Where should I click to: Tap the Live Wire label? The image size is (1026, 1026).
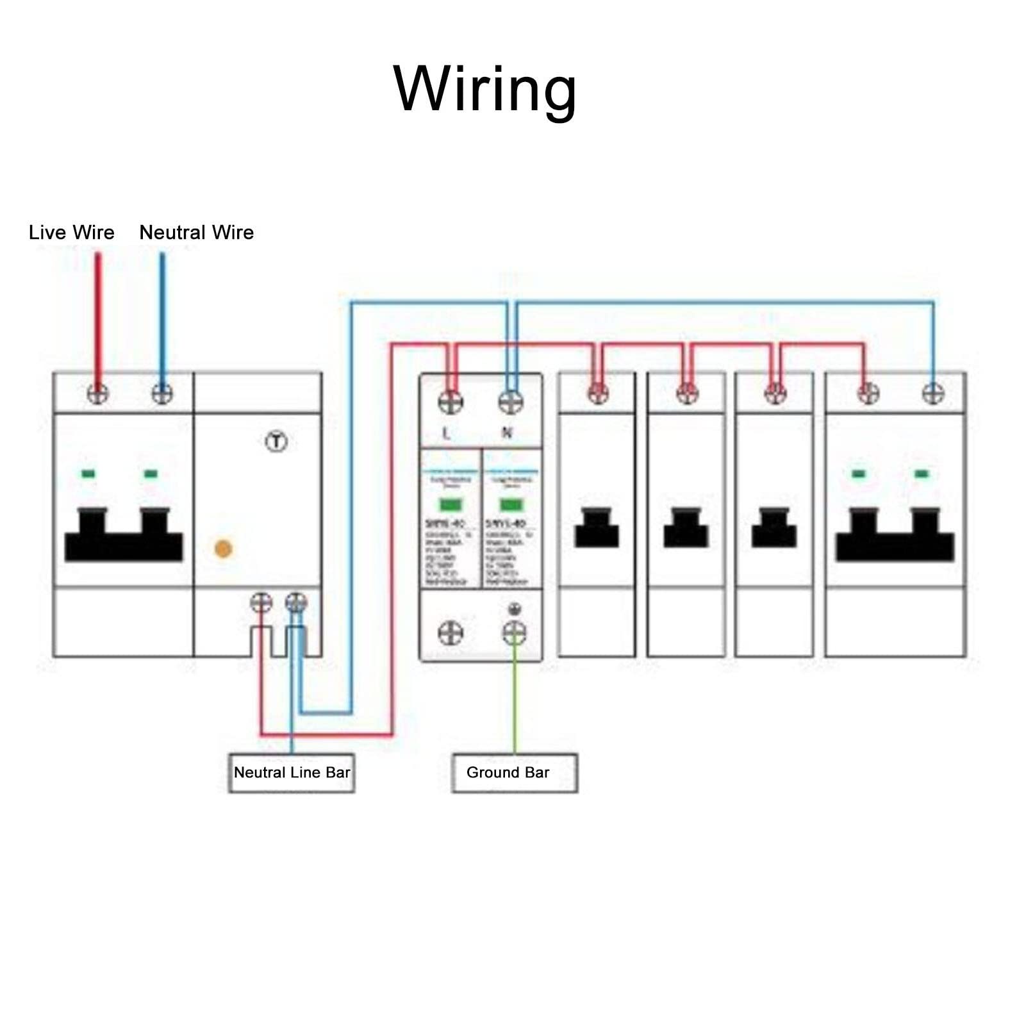point(72,232)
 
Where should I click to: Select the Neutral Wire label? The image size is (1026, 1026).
point(197,232)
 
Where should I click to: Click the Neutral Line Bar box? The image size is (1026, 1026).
point(292,772)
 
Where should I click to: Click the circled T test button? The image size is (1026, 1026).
point(276,442)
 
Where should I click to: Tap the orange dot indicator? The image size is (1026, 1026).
point(223,549)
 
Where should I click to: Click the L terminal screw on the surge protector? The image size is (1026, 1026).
point(451,402)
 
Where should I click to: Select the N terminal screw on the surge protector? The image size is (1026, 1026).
point(511,402)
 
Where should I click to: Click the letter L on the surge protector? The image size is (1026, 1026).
point(446,433)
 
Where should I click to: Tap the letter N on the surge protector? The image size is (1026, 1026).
point(507,433)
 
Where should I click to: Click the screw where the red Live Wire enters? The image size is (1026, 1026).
point(97,393)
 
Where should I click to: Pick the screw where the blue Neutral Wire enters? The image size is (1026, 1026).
point(162,393)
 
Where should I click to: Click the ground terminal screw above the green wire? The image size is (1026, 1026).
point(514,633)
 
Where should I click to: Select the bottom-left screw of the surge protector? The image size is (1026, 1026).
point(451,633)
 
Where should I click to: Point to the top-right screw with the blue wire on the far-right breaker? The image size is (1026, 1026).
point(933,393)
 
